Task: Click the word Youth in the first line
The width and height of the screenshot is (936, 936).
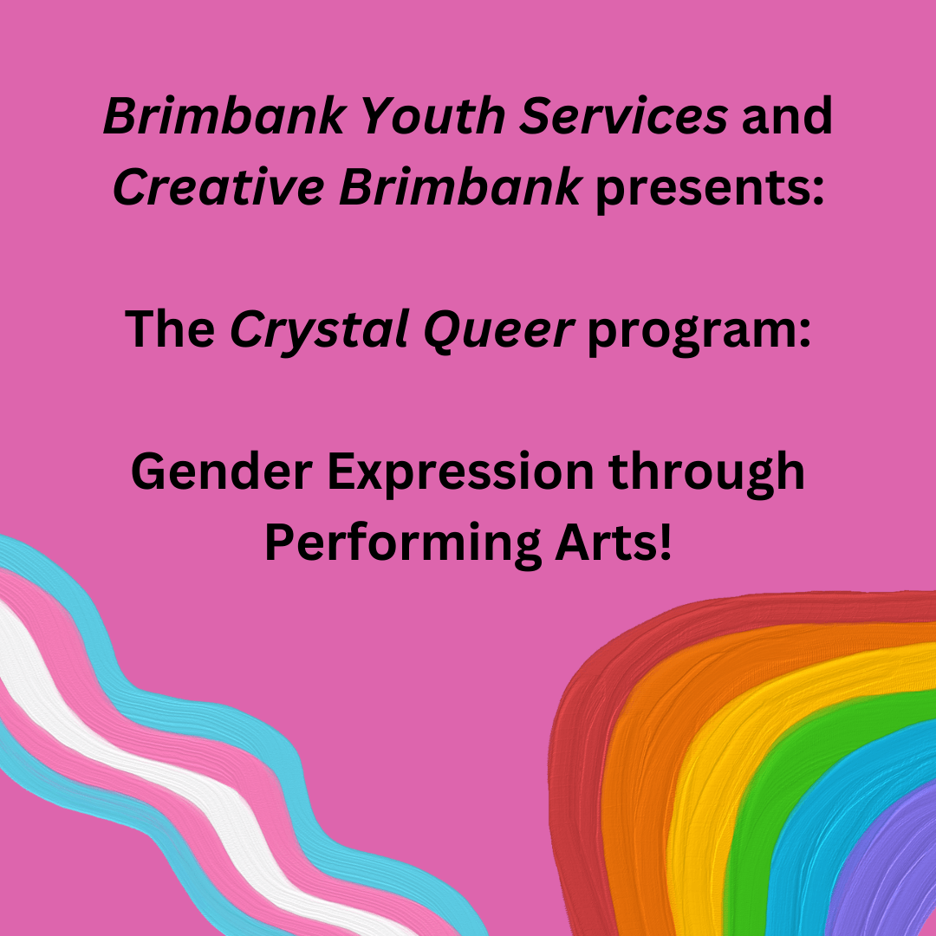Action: (432, 115)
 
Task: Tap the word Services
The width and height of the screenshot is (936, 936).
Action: (623, 115)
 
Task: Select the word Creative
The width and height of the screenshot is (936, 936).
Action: (218, 186)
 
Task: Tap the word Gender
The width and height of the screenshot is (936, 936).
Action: (222, 471)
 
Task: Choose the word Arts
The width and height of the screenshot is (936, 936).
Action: (613, 542)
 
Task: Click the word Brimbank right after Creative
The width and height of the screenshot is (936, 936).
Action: (459, 186)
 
